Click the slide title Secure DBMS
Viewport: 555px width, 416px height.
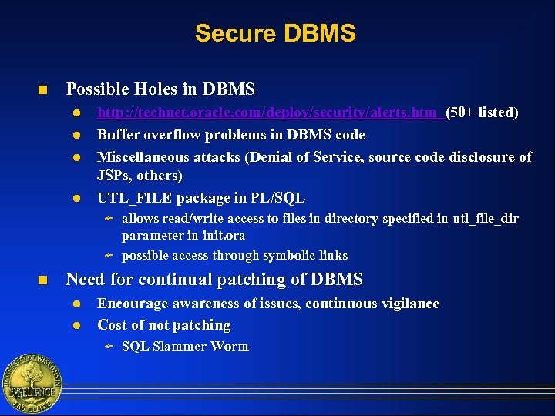[x=275, y=34]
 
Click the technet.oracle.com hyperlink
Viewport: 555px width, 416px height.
[x=269, y=112]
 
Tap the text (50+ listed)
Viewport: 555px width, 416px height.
[x=482, y=112]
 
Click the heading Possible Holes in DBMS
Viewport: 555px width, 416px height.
[x=160, y=89]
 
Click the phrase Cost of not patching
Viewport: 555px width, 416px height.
[x=164, y=325]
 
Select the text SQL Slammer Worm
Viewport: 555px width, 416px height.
[x=185, y=347]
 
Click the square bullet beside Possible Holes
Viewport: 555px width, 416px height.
[x=45, y=90]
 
